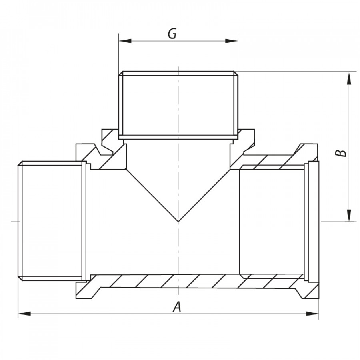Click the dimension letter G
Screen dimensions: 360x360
point(172,34)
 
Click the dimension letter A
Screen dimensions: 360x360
point(177,307)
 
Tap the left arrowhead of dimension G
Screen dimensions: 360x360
point(125,41)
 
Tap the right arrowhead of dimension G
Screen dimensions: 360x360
point(231,41)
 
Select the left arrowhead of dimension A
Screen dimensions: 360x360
point(24,314)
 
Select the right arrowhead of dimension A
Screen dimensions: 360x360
point(312,314)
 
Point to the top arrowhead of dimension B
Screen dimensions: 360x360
point(349,78)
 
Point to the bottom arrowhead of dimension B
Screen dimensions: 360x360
point(349,215)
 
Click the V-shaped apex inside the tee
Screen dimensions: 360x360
point(178,222)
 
